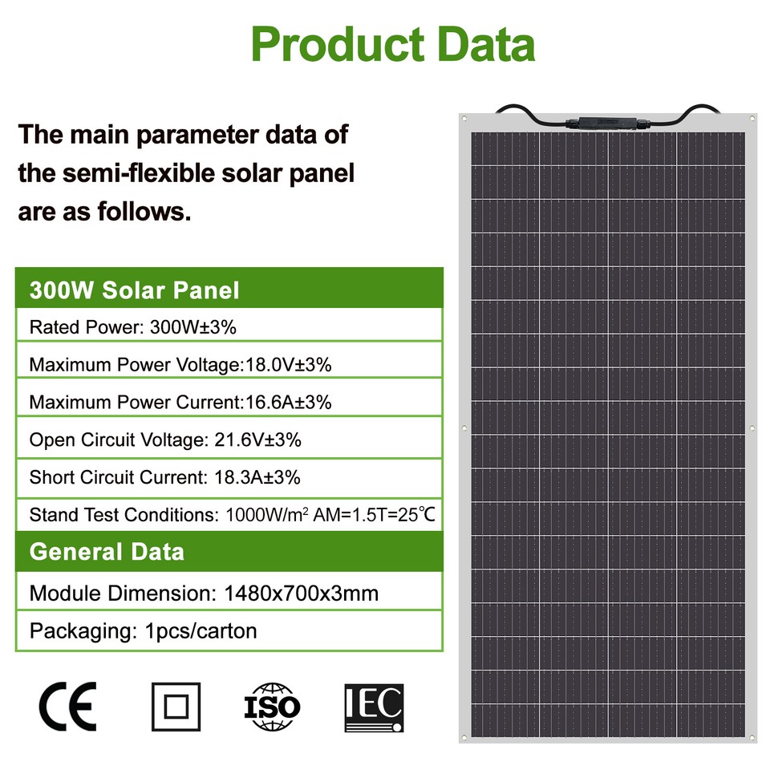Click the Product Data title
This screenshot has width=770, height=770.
[392, 44]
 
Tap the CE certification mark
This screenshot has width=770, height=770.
[67, 706]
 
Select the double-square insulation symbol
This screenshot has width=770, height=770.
[176, 707]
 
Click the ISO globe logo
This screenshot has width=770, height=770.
[272, 706]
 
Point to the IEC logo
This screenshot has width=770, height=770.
[374, 707]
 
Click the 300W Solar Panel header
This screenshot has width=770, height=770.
[134, 290]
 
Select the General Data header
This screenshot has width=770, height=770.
[107, 552]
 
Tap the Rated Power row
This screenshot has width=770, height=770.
[132, 327]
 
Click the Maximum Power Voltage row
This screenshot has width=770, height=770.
[180, 365]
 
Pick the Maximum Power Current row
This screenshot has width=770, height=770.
[180, 403]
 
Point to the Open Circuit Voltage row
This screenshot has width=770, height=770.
[165, 440]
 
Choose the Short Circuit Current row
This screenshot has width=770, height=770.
[165, 478]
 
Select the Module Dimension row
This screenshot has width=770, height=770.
[204, 594]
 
